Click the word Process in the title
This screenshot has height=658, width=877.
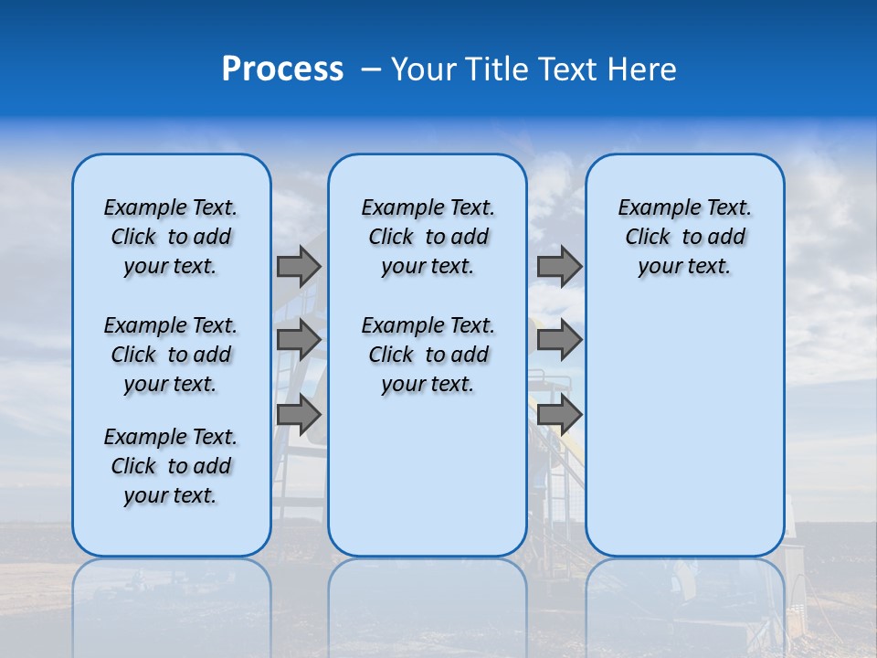[282, 69]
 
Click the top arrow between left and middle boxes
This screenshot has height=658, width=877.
[299, 266]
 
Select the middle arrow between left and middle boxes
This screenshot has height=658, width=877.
[299, 340]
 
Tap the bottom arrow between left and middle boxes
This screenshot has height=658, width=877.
[299, 415]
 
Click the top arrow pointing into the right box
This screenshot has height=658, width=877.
[559, 266]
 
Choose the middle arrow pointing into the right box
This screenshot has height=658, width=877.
[559, 340]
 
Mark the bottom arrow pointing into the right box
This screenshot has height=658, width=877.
[559, 415]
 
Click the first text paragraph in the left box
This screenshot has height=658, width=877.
[171, 237]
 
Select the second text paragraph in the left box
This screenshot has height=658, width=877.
[171, 355]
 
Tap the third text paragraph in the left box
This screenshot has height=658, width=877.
[171, 466]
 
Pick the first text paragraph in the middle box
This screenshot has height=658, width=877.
[428, 237]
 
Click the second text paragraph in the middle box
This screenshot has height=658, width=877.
[428, 355]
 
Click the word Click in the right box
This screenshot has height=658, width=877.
[648, 238]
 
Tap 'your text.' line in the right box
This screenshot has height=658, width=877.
[684, 267]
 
